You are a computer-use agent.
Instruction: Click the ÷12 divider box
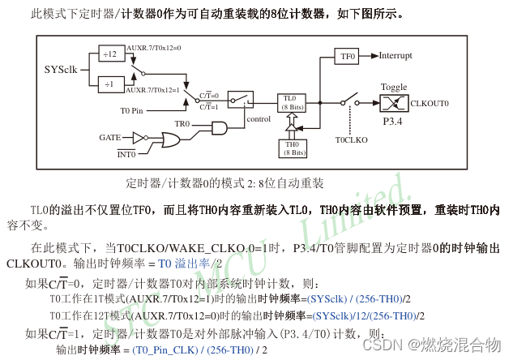[109, 54]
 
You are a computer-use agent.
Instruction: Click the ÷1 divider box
[109, 84]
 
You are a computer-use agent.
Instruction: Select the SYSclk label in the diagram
[61, 69]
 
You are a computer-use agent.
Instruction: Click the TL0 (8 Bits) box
[291, 101]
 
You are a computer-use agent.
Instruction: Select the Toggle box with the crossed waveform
[395, 103]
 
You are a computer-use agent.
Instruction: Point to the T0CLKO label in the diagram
[352, 139]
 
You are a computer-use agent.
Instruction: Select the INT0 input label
[126, 153]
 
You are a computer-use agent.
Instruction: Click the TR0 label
[182, 124]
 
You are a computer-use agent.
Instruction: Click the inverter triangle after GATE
[139, 137]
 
